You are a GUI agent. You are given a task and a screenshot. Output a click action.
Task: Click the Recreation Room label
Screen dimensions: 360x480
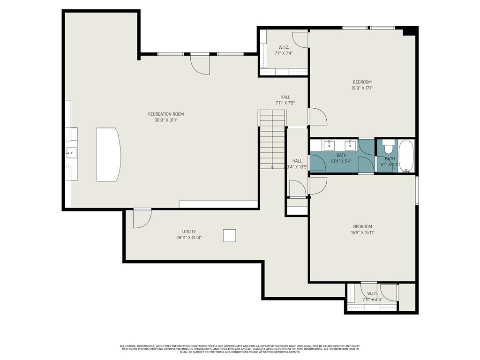click(166, 114)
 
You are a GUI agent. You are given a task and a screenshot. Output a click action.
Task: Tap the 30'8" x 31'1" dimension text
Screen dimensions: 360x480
click(166, 120)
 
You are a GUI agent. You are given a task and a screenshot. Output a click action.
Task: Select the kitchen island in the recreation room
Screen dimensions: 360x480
click(108, 154)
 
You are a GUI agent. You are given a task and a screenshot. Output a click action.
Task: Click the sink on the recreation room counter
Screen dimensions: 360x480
click(71, 151)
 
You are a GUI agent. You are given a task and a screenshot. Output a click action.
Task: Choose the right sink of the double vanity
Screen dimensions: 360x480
click(350, 145)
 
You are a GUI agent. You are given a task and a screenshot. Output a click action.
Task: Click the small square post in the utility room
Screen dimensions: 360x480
click(229, 235)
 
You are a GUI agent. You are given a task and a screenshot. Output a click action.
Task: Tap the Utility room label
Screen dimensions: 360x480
click(189, 232)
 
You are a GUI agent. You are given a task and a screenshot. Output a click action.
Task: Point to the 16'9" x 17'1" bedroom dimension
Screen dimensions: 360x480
click(362, 88)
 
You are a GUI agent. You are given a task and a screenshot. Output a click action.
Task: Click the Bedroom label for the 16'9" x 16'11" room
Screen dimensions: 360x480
click(362, 226)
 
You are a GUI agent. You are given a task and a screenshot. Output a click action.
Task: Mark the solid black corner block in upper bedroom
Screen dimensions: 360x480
click(410, 31)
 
